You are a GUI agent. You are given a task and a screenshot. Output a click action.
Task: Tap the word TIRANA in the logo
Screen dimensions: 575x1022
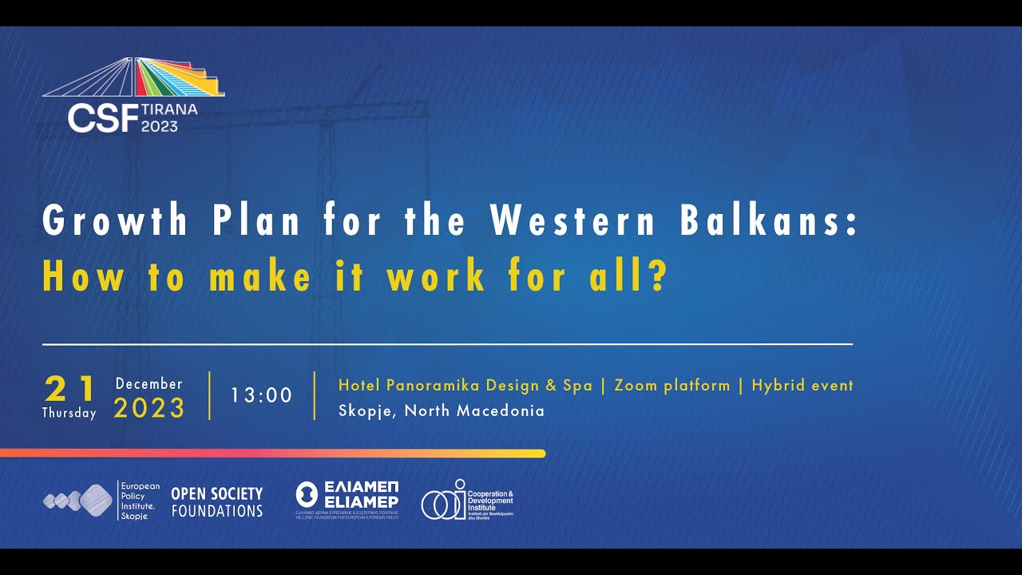pos(169,109)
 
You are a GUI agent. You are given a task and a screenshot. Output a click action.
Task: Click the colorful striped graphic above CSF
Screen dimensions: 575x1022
pos(177,77)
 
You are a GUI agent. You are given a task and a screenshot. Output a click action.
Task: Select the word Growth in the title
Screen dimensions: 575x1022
pos(115,220)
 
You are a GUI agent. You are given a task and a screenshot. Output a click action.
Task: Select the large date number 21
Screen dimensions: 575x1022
pos(70,390)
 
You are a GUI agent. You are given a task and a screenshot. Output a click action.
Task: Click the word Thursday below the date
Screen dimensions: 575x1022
pos(69,413)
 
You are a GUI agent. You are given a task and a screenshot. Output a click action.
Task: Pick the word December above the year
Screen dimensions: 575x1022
pos(149,384)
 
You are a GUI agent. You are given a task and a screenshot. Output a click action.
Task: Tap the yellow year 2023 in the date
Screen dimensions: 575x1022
pos(149,409)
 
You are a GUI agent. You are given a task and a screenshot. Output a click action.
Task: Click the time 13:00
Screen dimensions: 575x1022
pos(262,395)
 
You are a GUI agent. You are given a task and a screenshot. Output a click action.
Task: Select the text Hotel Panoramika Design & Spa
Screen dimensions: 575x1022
pos(465,385)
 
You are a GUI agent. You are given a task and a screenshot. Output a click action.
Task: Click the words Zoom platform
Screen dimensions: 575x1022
pos(671,385)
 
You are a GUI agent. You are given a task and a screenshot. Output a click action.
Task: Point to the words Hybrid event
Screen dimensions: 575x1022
pos(802,385)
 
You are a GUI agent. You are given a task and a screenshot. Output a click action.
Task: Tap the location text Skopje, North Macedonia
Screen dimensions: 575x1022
pos(441,410)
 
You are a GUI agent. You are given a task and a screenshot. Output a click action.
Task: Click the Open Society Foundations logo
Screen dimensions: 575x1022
pos(216,502)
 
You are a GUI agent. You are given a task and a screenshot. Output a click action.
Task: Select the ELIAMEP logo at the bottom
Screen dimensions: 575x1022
pos(347,500)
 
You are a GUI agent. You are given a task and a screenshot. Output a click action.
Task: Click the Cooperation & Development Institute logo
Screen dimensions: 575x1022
pos(467,501)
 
